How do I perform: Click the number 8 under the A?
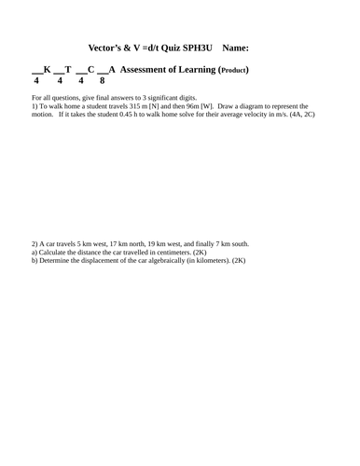point(115,81)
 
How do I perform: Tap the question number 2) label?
point(35,244)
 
